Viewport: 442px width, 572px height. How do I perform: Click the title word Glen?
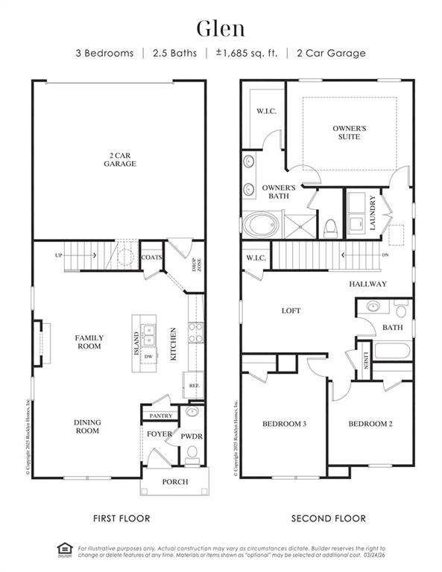tap(221, 28)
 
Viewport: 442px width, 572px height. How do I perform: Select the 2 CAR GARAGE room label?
tap(119, 159)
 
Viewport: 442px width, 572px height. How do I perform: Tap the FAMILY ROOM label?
tap(89, 342)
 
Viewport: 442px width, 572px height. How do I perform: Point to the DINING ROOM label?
tap(87, 427)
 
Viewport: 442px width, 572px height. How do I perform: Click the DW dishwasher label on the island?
tap(148, 357)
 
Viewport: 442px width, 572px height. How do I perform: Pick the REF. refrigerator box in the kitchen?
tap(193, 385)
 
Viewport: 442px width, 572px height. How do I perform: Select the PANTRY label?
tap(161, 416)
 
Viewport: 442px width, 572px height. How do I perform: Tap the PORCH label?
tap(175, 482)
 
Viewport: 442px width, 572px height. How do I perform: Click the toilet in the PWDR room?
tap(192, 452)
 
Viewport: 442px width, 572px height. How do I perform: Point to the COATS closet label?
tap(152, 257)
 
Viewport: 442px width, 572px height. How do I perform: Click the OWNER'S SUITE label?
tap(350, 133)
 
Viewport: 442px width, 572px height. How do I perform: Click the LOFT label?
tap(291, 311)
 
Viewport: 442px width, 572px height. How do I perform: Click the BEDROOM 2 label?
tap(370, 424)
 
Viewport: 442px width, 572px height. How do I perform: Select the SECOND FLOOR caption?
tap(328, 518)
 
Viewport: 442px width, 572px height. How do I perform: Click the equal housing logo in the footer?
tap(64, 550)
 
